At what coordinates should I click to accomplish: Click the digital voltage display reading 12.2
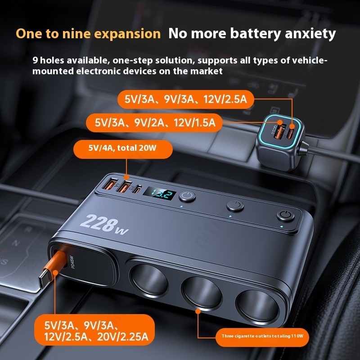coord(159,195)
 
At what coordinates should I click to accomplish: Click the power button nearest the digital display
coord(187,197)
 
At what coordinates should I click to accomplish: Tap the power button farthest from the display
coord(285,216)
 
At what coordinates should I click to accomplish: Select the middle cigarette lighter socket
coord(202,292)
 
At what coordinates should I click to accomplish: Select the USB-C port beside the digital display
coord(137,189)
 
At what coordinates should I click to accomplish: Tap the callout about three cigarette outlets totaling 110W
coord(262,337)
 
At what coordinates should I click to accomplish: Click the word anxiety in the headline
coord(310,34)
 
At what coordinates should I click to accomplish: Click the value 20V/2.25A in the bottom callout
coord(123,337)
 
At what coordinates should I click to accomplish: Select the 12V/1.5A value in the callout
coord(194,122)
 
